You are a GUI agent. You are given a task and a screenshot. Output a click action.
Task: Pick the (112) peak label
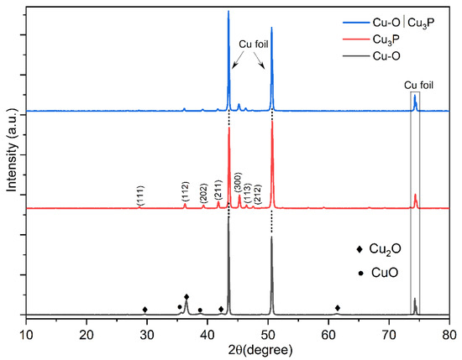[x=186, y=191]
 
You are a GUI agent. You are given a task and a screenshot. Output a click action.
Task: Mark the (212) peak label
[x=257, y=194]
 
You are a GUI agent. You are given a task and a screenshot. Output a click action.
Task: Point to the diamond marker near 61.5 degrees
[x=338, y=308]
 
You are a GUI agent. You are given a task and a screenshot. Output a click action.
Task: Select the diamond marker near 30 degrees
[x=145, y=310]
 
